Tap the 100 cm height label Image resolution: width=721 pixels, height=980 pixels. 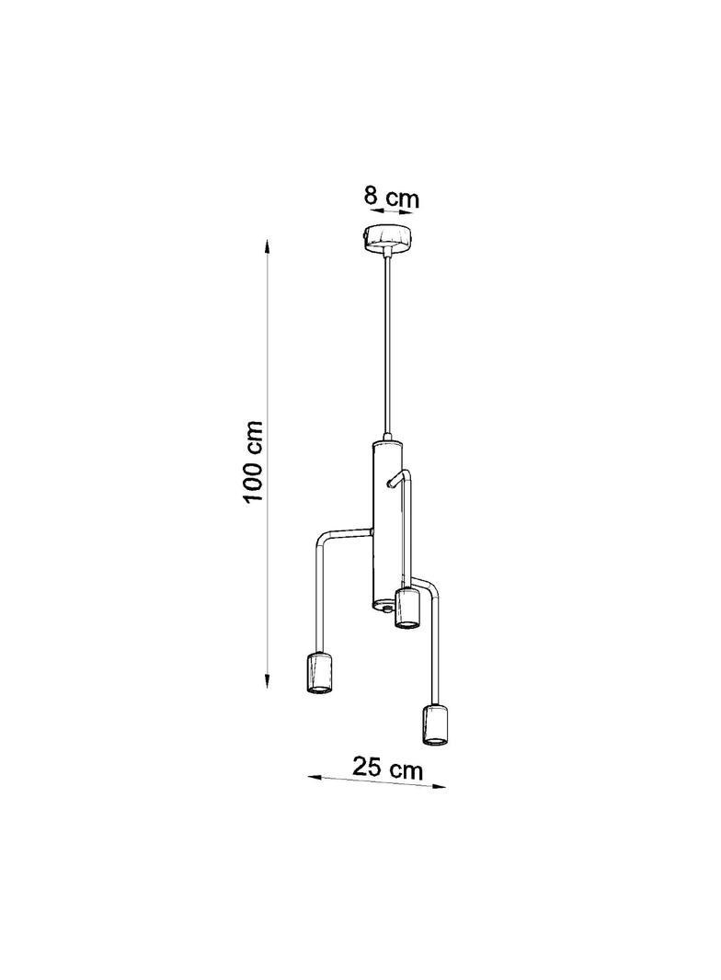coord(253,462)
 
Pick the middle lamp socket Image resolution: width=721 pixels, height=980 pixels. coord(406,608)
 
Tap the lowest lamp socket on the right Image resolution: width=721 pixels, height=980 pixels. coord(435,725)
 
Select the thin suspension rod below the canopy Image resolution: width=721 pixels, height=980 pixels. coord(388,345)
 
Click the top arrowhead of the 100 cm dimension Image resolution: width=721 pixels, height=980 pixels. coord(268,245)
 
